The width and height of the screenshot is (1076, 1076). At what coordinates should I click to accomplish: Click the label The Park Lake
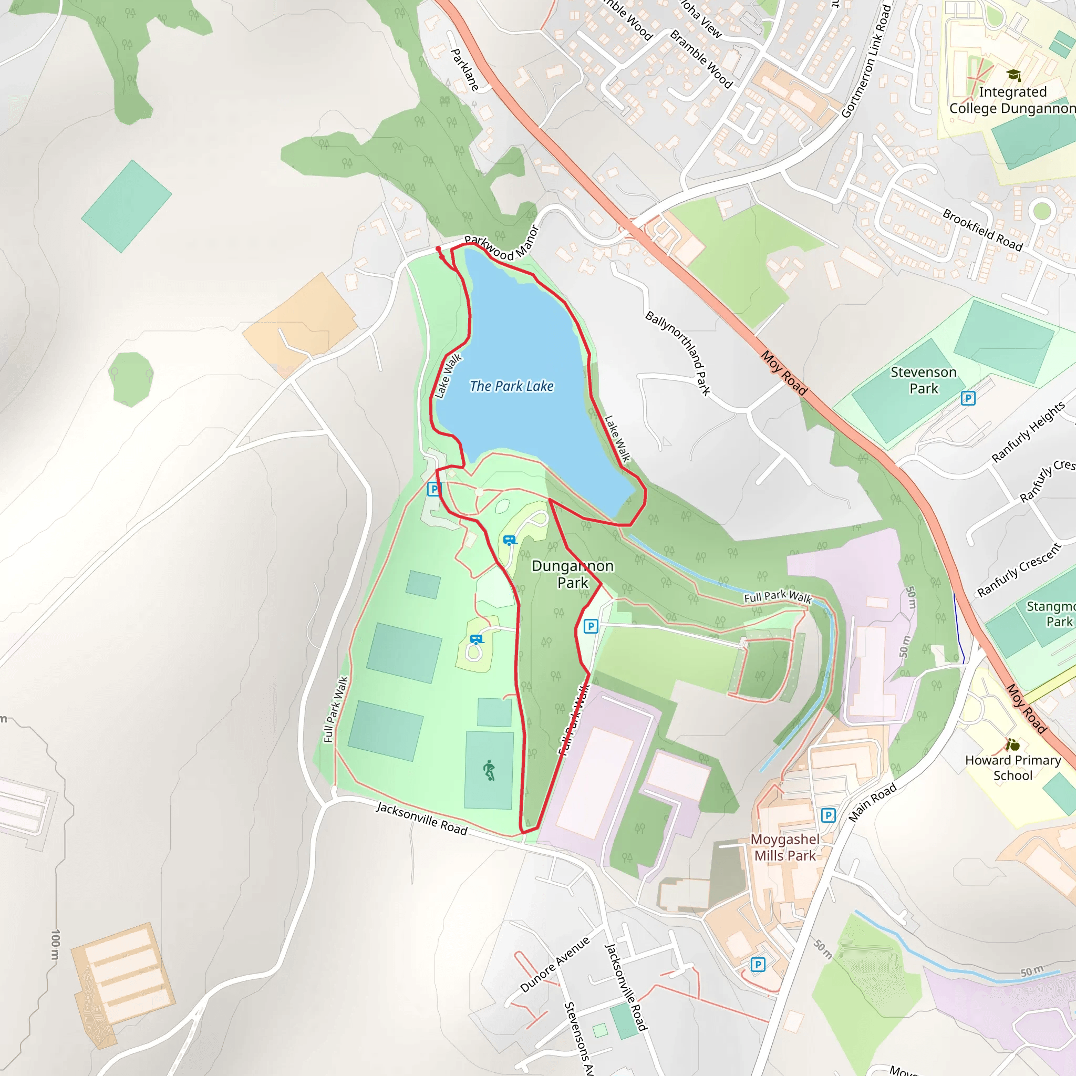511,386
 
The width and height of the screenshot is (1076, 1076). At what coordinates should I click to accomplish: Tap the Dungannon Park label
573,574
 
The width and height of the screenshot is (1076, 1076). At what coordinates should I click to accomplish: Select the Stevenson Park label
924,380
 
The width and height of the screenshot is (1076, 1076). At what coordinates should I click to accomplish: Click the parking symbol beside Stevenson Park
968,398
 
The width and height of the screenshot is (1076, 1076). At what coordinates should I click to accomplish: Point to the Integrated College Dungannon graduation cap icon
1013,75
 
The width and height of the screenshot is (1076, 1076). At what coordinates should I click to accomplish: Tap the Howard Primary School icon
1012,744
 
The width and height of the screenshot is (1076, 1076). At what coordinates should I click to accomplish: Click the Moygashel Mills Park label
785,847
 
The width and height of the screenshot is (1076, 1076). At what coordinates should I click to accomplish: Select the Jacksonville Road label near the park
421,818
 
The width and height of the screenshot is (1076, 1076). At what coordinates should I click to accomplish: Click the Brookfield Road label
982,230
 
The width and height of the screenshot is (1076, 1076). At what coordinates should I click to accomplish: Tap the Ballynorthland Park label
678,353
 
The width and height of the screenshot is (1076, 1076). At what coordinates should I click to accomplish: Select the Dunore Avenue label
555,965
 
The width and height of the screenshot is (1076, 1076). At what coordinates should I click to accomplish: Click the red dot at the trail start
438,249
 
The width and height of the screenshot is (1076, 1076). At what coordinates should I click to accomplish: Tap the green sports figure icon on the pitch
489,770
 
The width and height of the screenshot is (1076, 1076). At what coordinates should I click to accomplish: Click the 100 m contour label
55,944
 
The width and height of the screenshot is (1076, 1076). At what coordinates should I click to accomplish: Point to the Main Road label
872,802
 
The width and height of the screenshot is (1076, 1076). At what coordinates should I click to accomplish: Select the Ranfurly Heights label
1028,432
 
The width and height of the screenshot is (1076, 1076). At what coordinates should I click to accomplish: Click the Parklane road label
464,70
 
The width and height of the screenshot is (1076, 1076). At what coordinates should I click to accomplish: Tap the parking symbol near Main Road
828,815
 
